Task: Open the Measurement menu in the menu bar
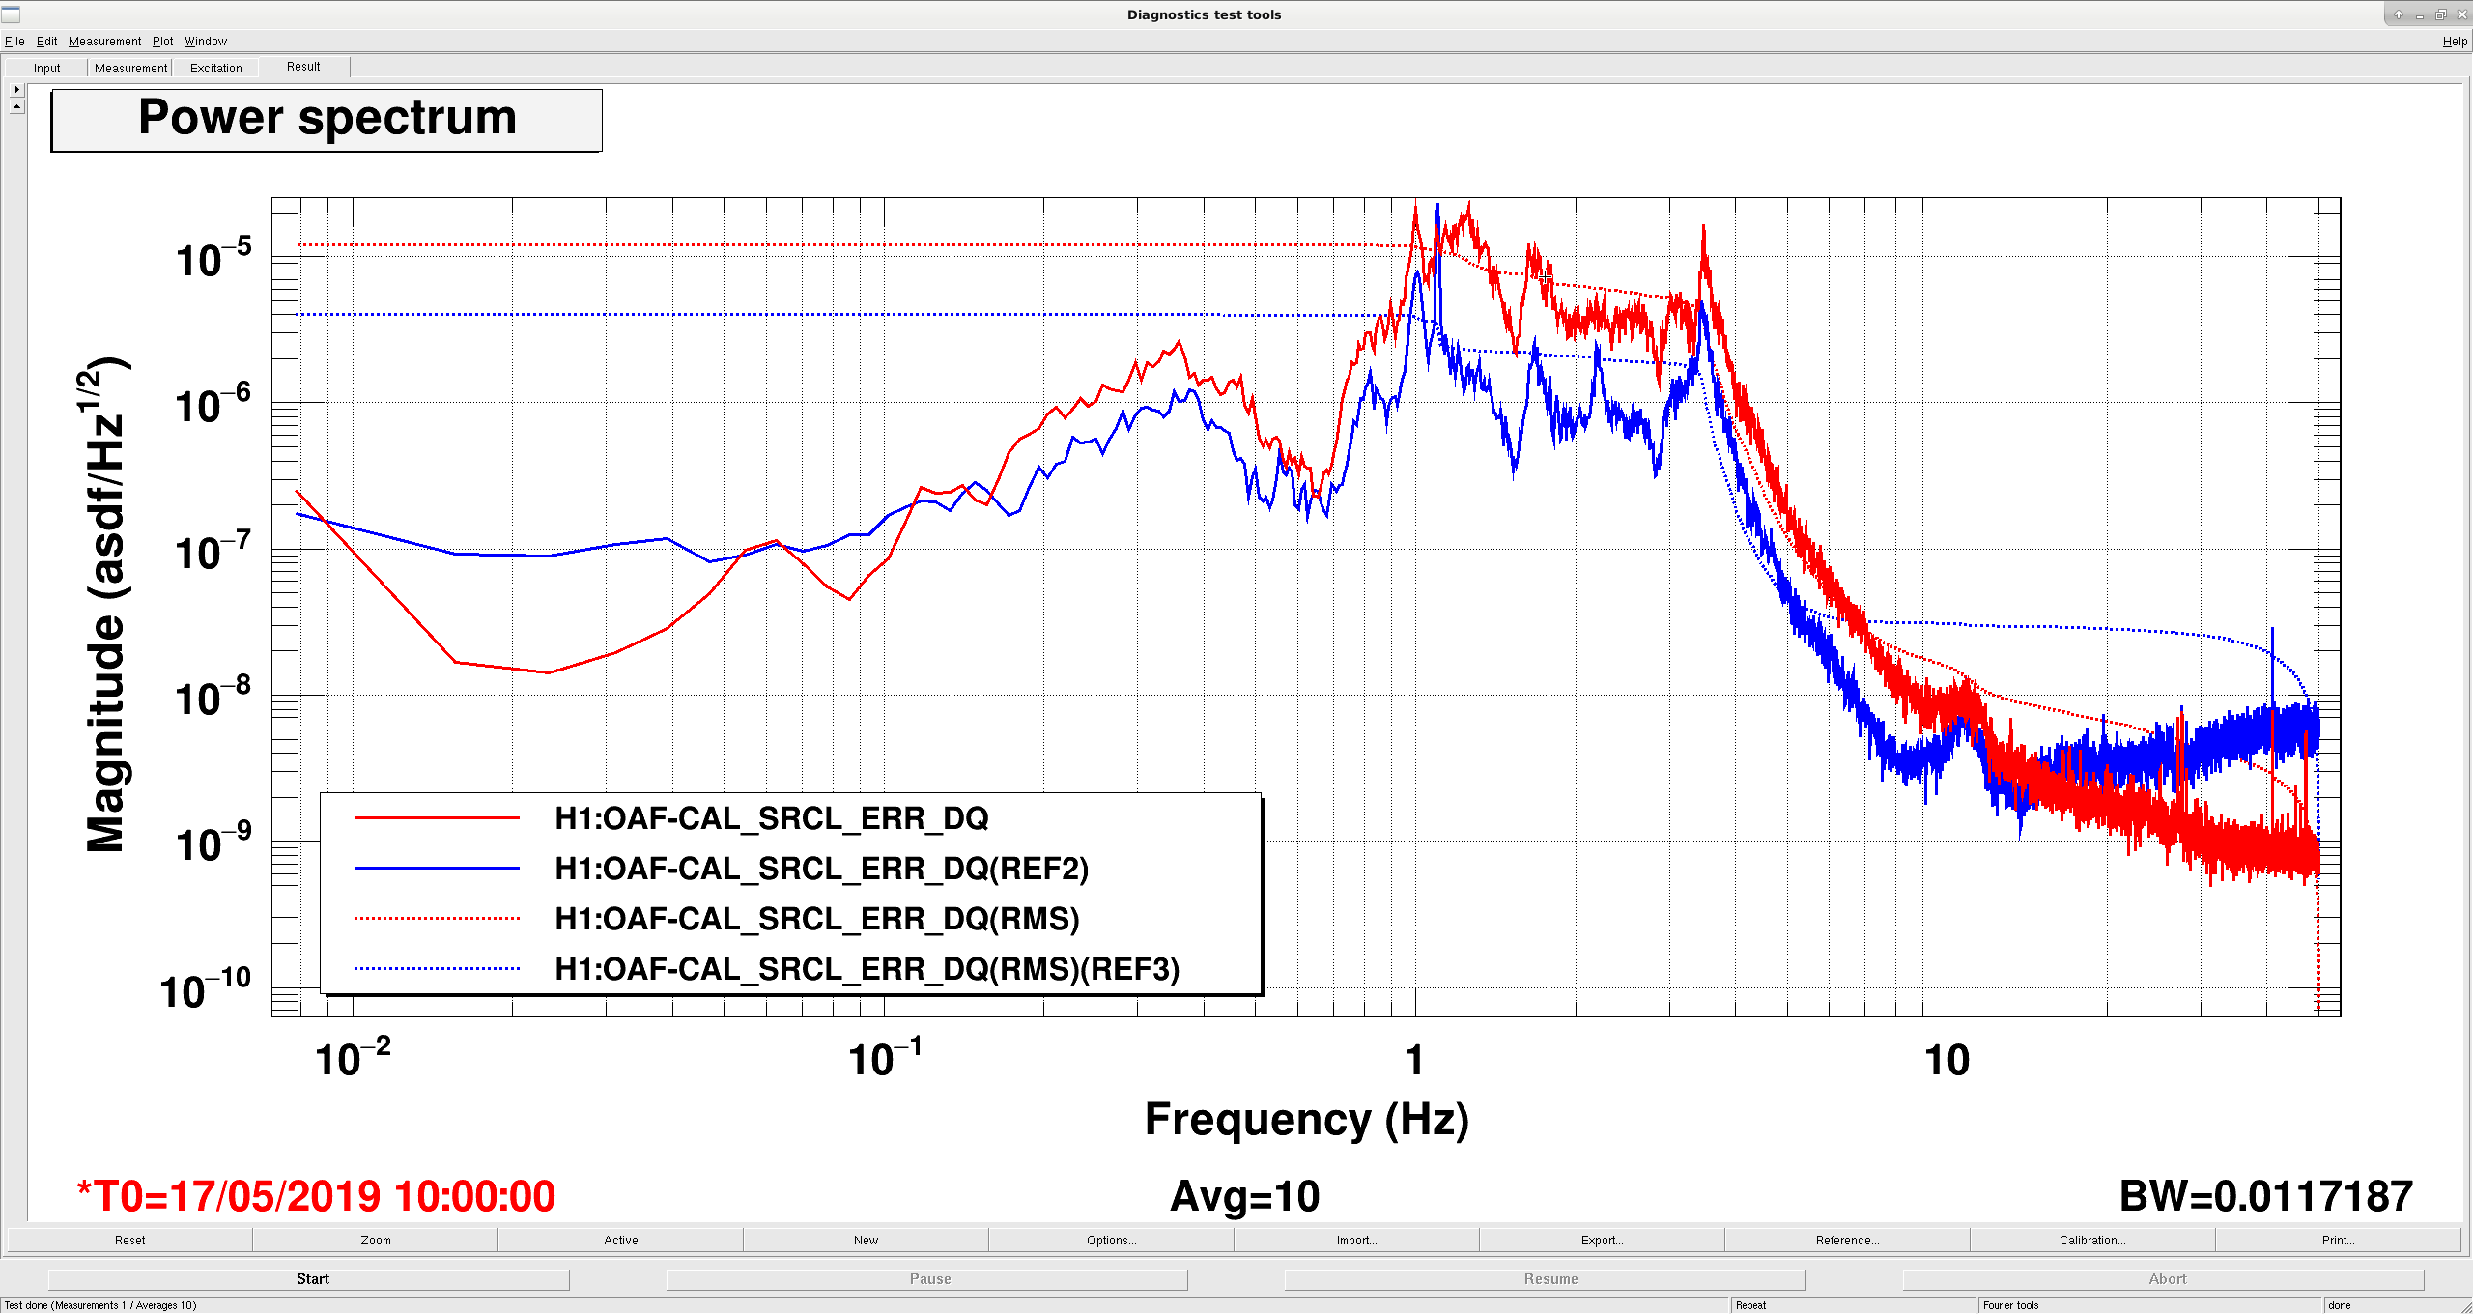[104, 42]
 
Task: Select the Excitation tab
[215, 68]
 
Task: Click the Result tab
[303, 67]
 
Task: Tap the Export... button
[1602, 1241]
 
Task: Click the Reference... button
[1847, 1241]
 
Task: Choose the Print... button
[2338, 1241]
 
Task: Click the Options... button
[1111, 1241]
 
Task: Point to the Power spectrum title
[327, 118]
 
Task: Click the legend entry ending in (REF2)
[821, 869]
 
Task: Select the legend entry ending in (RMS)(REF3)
[867, 969]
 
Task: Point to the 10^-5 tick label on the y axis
[213, 258]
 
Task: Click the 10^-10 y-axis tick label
[206, 989]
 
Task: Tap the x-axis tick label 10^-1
[885, 1057]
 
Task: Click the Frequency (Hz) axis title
[1307, 1120]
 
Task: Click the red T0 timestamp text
[317, 1196]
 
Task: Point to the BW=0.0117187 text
[2266, 1196]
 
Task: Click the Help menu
[2455, 42]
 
